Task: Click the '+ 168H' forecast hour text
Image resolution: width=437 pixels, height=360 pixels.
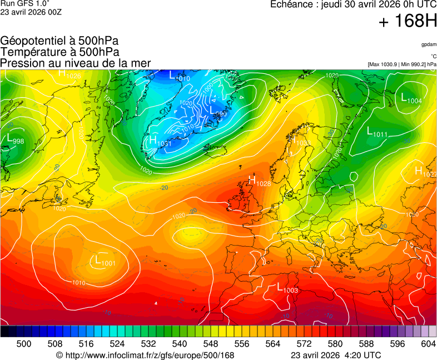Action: [x=408, y=22]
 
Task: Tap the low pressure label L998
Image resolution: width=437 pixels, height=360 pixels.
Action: [x=15, y=139]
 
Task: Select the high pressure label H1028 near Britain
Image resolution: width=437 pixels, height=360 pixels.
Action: [x=259, y=181]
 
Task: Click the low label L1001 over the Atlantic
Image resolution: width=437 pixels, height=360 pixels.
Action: [x=105, y=261]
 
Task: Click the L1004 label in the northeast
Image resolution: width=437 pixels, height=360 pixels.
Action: [x=411, y=98]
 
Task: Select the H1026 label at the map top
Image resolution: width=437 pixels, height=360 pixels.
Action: [x=69, y=74]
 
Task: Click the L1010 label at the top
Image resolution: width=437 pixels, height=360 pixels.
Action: [x=180, y=77]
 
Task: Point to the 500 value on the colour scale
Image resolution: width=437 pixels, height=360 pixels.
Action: [x=24, y=344]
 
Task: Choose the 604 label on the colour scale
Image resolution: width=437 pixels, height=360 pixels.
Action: [x=428, y=344]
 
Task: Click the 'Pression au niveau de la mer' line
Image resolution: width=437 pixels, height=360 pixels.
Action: [x=76, y=63]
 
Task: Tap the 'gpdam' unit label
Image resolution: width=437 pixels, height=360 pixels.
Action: [x=429, y=44]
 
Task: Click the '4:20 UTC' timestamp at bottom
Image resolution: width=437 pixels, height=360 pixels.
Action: [x=364, y=355]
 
